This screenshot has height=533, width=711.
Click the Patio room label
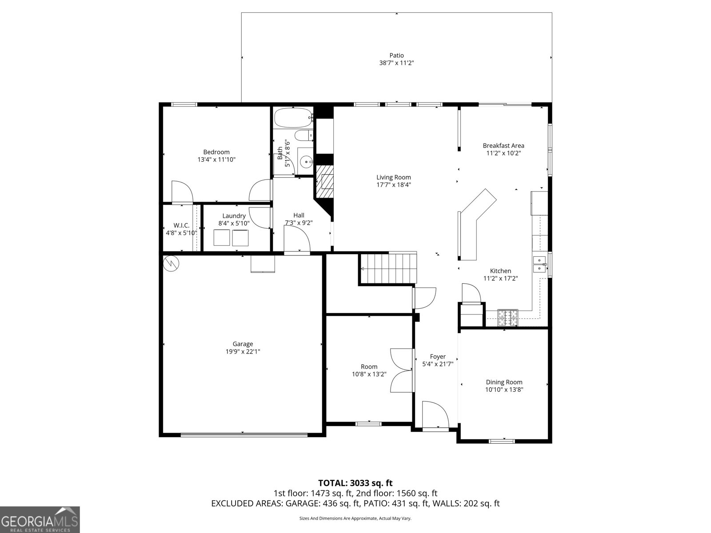tap(396, 56)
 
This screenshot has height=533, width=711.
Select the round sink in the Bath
tap(305, 162)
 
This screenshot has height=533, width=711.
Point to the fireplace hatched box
tap(325, 182)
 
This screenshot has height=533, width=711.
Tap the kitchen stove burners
tap(507, 317)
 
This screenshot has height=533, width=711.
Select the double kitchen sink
tap(540, 264)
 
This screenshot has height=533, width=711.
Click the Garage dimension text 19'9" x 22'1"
tap(243, 351)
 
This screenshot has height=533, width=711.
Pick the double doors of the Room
tap(402, 370)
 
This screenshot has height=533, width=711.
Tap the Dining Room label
tap(504, 382)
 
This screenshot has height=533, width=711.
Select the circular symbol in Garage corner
tap(171, 264)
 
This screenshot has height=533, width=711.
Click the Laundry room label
tap(234, 216)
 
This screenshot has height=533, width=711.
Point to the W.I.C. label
tap(181, 226)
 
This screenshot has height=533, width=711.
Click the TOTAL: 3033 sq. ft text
tap(355, 483)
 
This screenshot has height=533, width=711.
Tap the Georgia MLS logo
tap(40, 519)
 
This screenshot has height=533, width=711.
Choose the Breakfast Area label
tap(503, 145)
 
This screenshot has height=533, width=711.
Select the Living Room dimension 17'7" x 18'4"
tap(394, 185)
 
